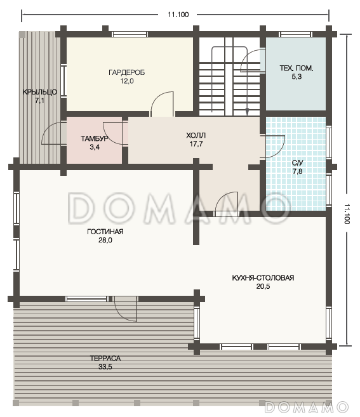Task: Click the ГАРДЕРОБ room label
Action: click(x=126, y=72)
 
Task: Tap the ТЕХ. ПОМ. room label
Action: click(x=296, y=68)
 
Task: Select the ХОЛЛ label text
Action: click(x=196, y=135)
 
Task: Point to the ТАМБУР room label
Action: click(x=95, y=138)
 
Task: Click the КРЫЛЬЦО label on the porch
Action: click(x=39, y=92)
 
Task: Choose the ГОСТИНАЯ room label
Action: click(x=105, y=232)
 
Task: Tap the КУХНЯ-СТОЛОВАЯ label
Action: click(x=263, y=278)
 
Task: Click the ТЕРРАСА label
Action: click(x=105, y=359)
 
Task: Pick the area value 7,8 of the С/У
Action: click(x=298, y=171)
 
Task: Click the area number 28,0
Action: click(x=105, y=240)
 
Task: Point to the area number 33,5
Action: click(x=105, y=367)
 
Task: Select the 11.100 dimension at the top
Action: click(x=178, y=15)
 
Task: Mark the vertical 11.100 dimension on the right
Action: click(x=347, y=214)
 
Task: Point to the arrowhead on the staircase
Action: click(x=247, y=111)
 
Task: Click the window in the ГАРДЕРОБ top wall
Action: click(x=130, y=34)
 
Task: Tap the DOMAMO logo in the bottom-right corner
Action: click(x=307, y=407)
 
